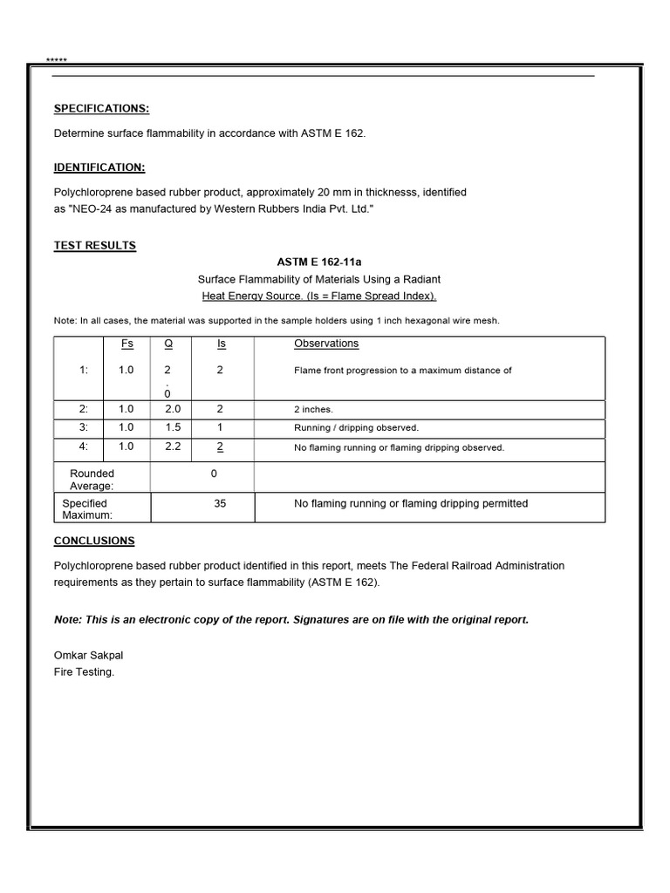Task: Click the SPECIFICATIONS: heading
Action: point(101,108)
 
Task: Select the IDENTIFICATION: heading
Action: point(99,167)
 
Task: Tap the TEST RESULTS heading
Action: point(95,246)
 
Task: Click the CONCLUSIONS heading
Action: point(94,541)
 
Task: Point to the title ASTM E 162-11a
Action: point(318,262)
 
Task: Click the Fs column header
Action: point(126,344)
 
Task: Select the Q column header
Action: point(167,344)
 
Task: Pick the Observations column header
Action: point(326,344)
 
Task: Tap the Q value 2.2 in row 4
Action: point(172,447)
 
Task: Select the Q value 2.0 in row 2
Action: point(172,408)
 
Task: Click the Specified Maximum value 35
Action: point(220,504)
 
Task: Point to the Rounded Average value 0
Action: point(214,474)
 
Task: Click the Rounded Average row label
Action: point(92,480)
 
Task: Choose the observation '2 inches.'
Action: point(314,409)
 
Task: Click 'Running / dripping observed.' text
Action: point(356,428)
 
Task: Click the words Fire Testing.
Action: point(84,672)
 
